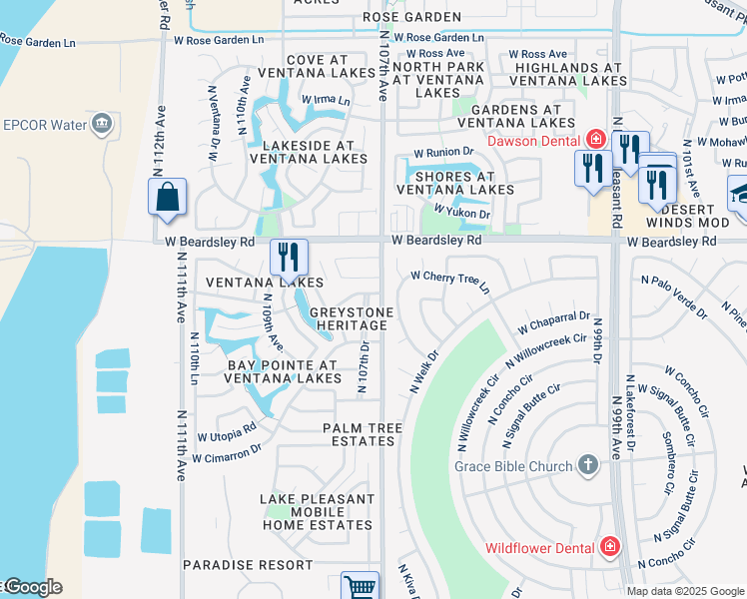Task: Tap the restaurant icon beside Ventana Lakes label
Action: point(288,257)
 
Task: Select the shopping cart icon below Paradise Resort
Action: point(360,587)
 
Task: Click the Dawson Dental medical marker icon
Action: point(596,139)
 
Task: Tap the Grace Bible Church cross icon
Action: point(588,465)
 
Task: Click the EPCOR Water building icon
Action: point(101,125)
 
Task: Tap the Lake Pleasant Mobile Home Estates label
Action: point(318,511)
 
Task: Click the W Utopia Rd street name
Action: point(227,432)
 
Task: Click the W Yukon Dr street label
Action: point(461,213)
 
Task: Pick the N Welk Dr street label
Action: point(424,370)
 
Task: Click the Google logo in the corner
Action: point(32,587)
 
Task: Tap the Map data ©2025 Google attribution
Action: point(685,591)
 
